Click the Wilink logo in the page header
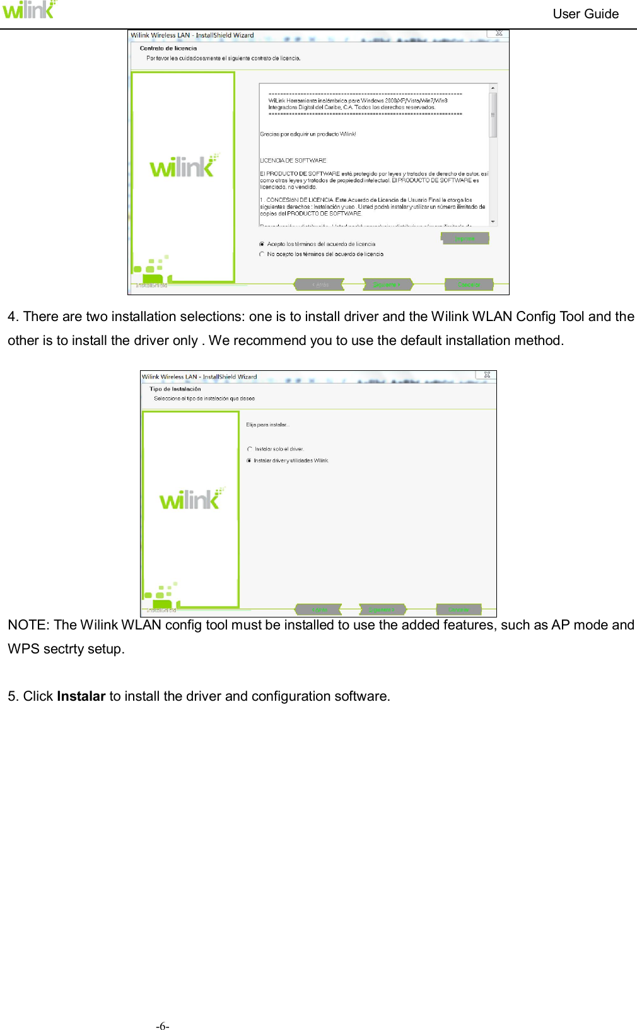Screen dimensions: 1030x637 (x=29, y=10)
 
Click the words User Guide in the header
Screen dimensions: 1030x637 (x=585, y=14)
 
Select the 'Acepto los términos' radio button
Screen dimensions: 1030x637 (x=262, y=244)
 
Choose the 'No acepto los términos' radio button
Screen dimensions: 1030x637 (x=262, y=254)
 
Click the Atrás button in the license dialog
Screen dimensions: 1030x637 (x=320, y=284)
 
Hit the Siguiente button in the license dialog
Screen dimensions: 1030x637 (x=387, y=284)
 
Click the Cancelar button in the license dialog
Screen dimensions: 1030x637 (x=469, y=284)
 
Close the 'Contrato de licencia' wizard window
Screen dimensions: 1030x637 (x=498, y=33)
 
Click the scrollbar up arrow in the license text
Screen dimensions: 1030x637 (x=493, y=88)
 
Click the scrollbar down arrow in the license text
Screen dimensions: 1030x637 (x=493, y=222)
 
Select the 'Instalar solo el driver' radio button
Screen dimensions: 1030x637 (x=250, y=449)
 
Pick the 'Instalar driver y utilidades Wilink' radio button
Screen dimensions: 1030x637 (x=250, y=460)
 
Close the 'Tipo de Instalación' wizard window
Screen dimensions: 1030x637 (x=487, y=375)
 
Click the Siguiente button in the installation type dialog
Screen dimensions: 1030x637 (x=382, y=609)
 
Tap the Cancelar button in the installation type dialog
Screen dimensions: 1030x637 (x=459, y=609)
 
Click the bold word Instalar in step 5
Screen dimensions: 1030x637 (x=81, y=696)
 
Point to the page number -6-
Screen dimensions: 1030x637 (x=163, y=1026)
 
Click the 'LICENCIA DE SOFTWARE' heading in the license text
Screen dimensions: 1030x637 (x=293, y=161)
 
